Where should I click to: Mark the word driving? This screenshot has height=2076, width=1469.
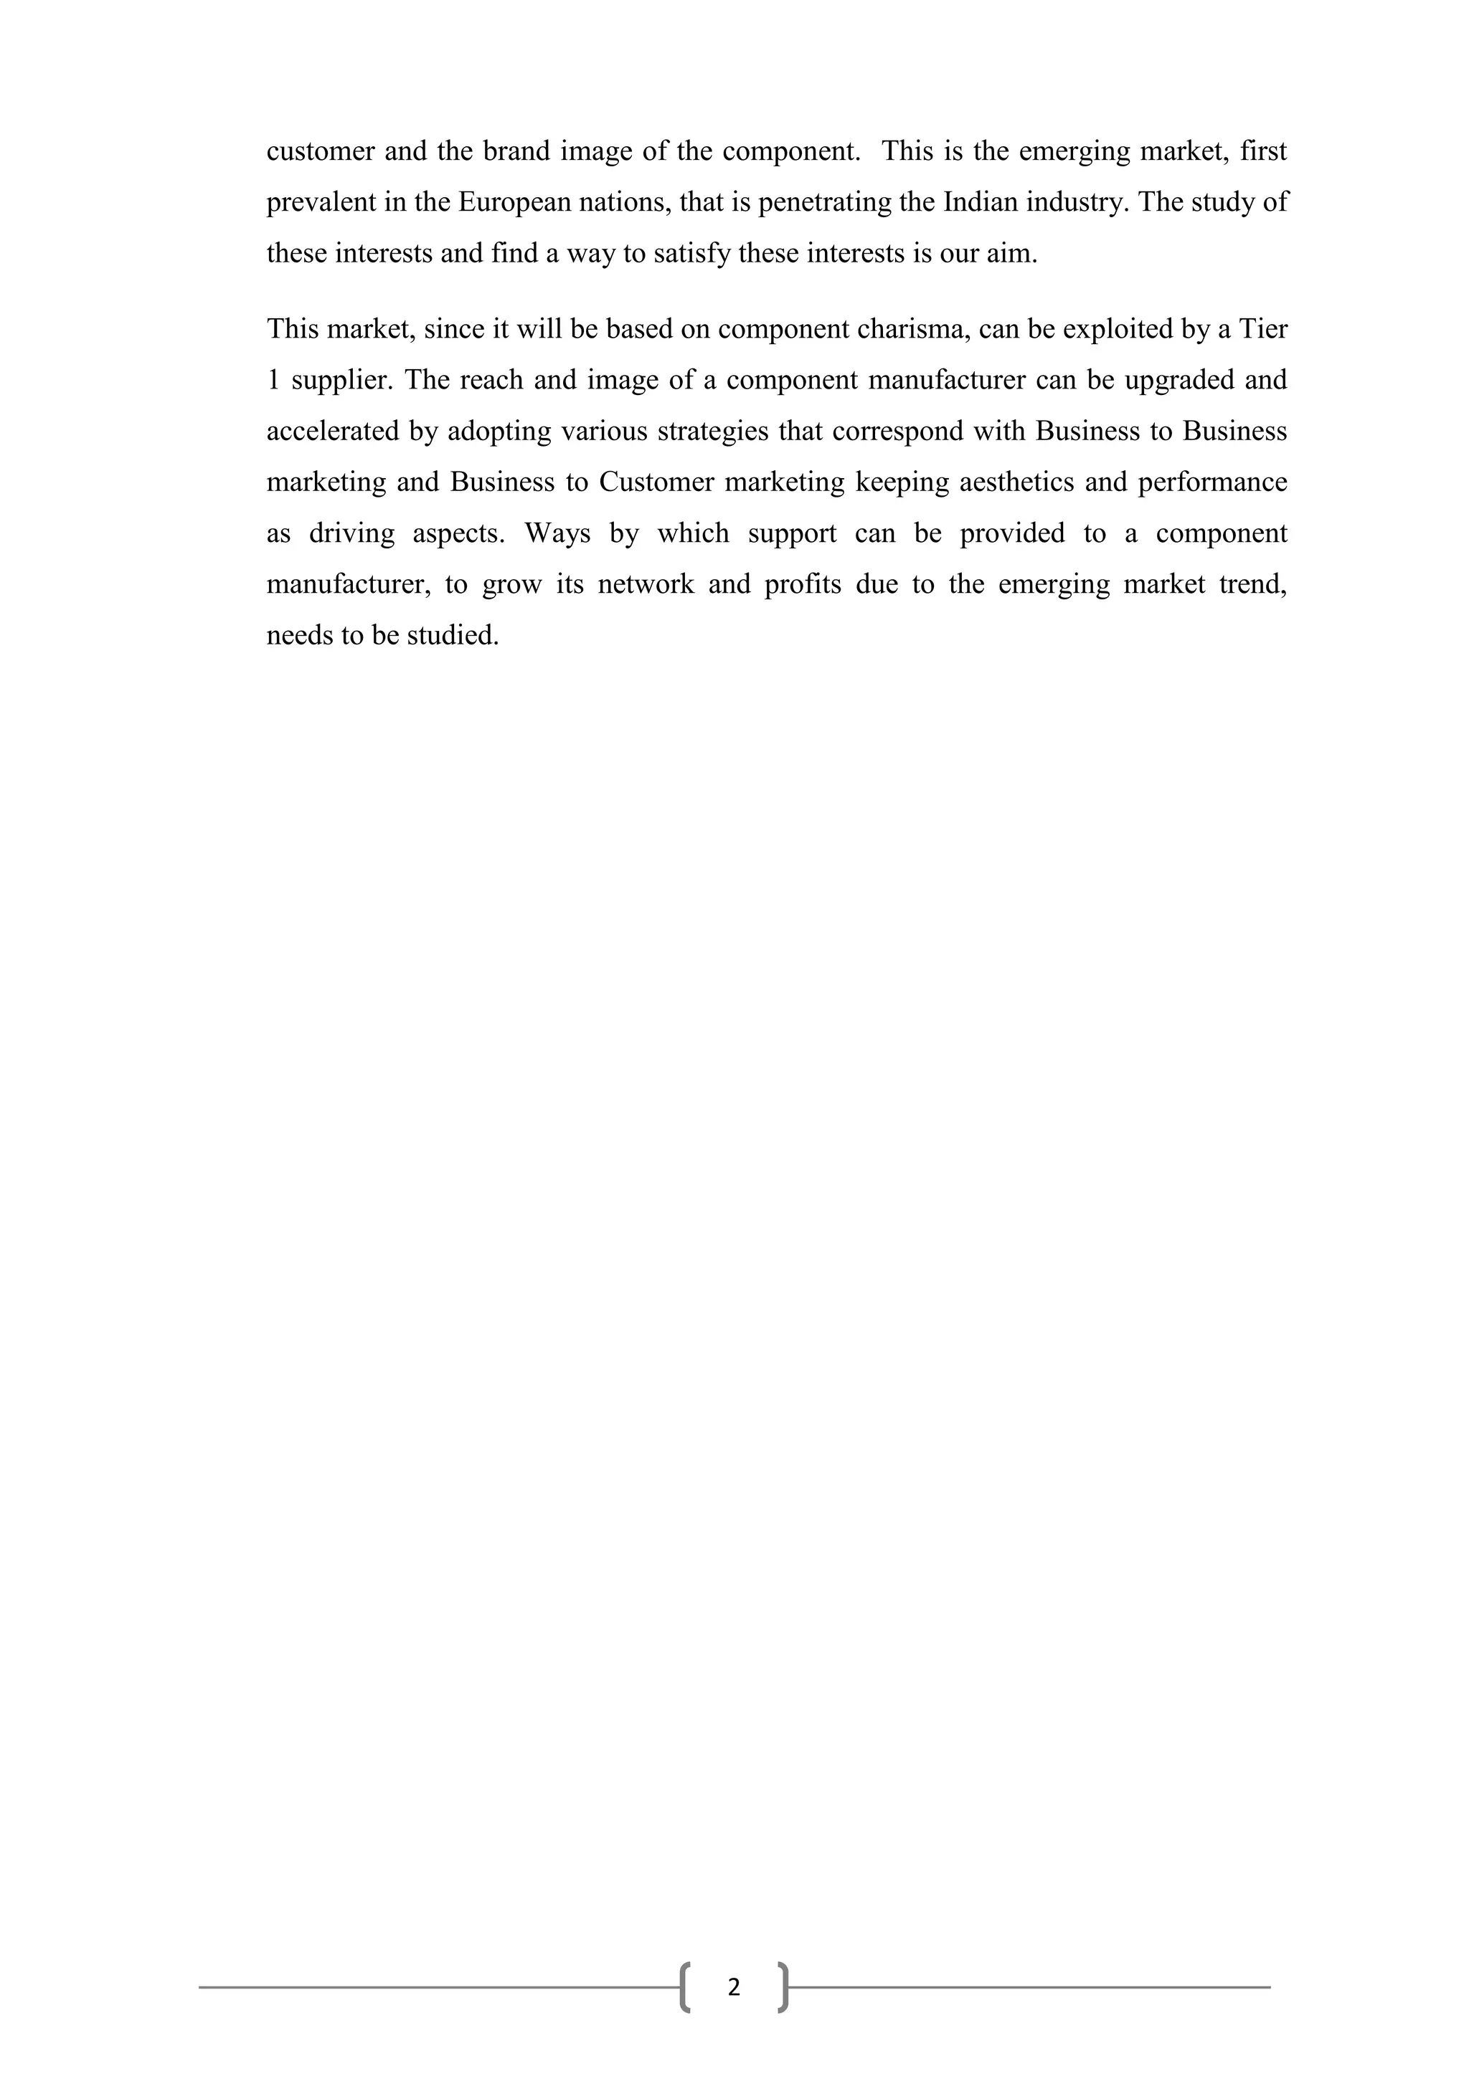(352, 533)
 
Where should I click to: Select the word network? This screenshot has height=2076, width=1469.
(646, 585)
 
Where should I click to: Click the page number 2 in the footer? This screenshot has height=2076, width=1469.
(734, 1987)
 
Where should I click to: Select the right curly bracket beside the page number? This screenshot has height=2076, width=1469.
(783, 1987)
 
